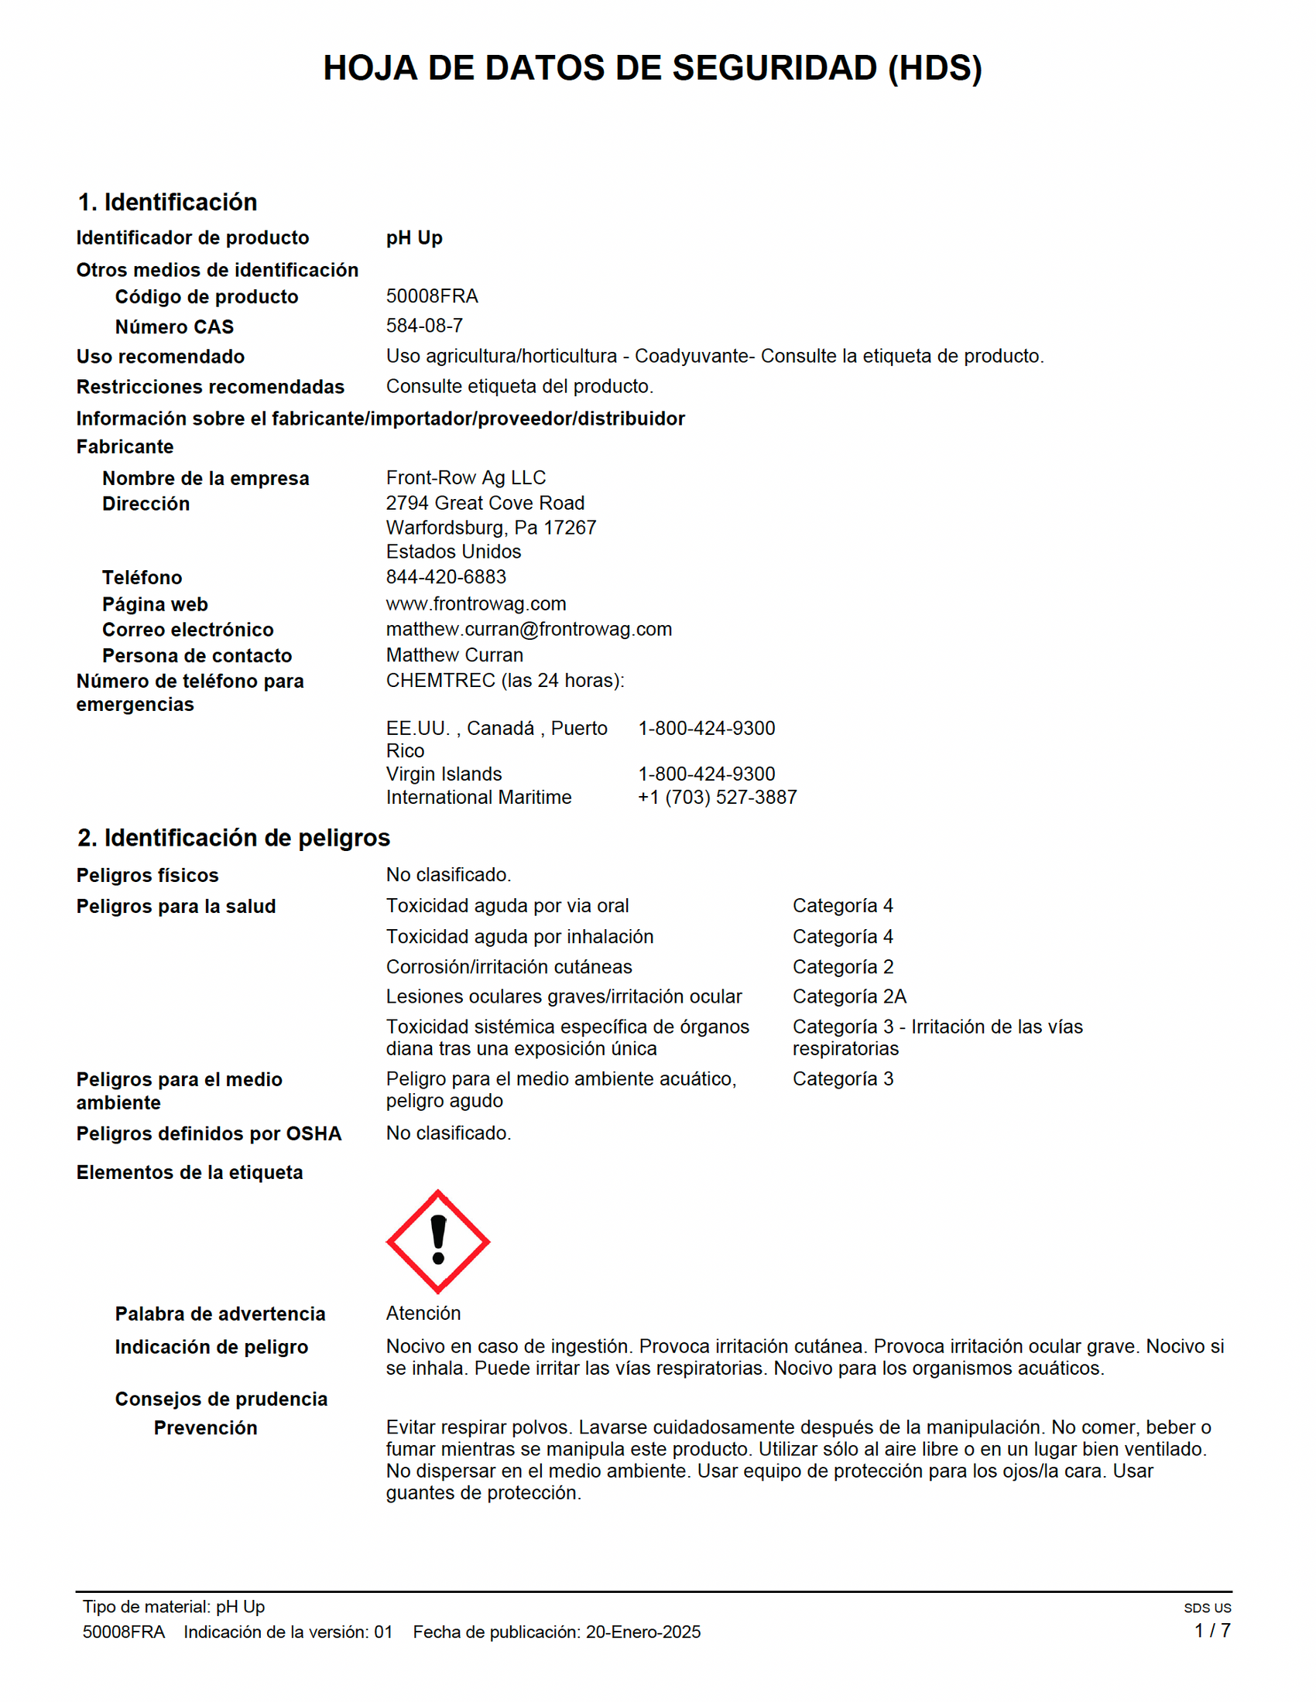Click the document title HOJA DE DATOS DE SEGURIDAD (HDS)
pos(653,69)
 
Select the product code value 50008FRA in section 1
pos(432,296)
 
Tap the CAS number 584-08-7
pos(424,326)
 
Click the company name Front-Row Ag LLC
pos(465,477)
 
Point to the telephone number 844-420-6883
pos(446,576)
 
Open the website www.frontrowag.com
pos(475,604)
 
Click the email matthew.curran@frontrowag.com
pos(529,629)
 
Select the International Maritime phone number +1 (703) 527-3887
pos(718,797)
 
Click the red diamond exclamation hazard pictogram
pos(438,1242)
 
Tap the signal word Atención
pos(423,1313)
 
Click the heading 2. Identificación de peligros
pos(233,838)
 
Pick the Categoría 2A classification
pos(849,996)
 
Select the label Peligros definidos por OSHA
pos(209,1134)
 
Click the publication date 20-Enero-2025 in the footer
pos(643,1632)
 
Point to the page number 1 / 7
pos(1212,1630)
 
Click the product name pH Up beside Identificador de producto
pos(414,238)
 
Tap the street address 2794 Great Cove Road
pos(485,504)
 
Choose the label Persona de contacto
pos(197,656)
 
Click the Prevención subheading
pos(205,1427)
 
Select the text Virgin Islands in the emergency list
pos(444,774)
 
